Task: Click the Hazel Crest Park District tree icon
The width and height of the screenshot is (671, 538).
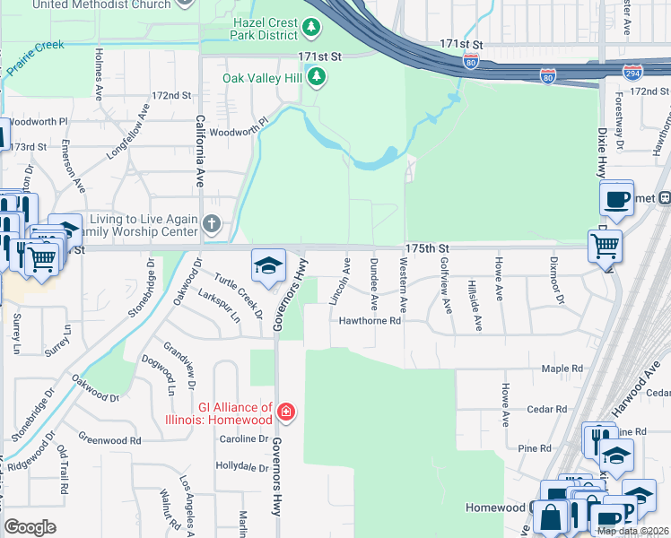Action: [x=311, y=29]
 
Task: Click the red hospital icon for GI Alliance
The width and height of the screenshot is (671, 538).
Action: [x=285, y=412]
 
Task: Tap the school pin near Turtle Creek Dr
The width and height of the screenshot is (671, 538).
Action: [x=267, y=265]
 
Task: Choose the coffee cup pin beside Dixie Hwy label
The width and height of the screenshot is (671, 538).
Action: [x=616, y=199]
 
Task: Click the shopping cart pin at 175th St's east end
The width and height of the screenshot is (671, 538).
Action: [x=605, y=244]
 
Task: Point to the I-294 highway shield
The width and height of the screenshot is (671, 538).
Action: [x=633, y=71]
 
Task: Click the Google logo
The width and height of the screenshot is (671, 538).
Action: [x=30, y=527]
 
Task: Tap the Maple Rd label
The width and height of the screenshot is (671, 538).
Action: [x=563, y=369]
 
